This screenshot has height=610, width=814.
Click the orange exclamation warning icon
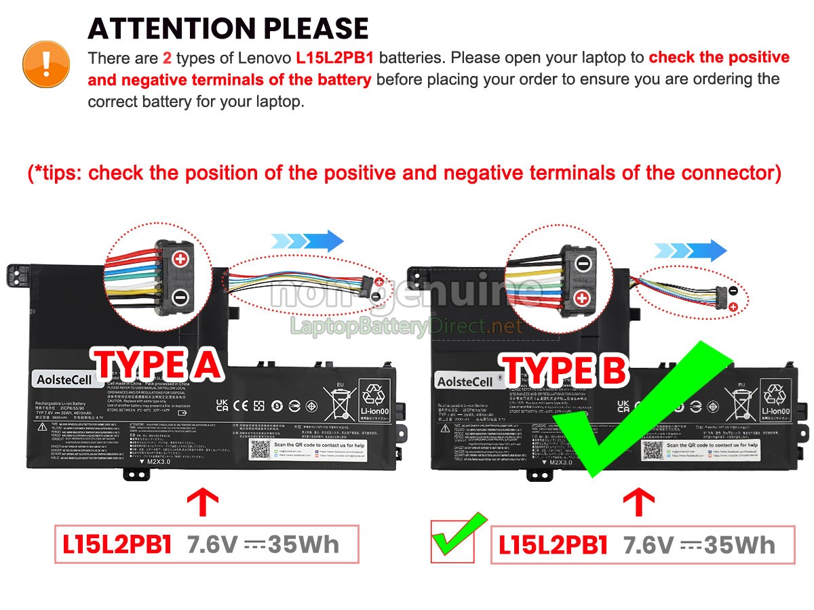(46, 63)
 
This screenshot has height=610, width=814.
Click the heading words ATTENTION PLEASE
(228, 28)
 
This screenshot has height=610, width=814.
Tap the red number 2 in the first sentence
(167, 58)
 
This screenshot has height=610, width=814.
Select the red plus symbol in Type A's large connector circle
(180, 258)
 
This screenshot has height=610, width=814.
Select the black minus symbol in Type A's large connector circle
(180, 296)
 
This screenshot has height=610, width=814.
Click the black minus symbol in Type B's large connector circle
(583, 263)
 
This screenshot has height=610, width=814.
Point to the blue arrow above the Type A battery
(307, 241)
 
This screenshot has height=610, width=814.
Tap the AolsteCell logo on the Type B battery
(465, 382)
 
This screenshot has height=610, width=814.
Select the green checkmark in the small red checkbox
(458, 537)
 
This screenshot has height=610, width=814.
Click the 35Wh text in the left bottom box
(304, 544)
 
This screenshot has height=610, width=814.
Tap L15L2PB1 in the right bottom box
(553, 545)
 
